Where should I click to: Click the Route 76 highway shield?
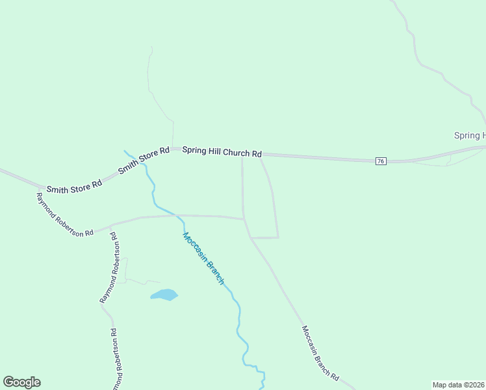tap(381, 161)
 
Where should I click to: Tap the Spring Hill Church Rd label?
tap(222, 151)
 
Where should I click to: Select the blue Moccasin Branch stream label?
tap(203, 258)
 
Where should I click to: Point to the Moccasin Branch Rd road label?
tap(320, 353)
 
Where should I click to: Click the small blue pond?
tap(164, 295)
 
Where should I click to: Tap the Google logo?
tap(21, 382)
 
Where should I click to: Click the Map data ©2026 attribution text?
tap(459, 385)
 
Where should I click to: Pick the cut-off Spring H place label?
tap(469, 135)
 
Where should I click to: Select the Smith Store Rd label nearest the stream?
tap(144, 160)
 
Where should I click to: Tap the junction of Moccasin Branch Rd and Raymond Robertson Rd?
tap(244, 219)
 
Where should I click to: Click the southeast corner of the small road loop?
tap(278, 237)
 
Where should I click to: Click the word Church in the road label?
tap(237, 152)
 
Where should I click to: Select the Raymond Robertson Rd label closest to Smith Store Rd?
tap(65, 214)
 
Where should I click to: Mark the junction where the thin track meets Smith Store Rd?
tap(173, 149)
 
